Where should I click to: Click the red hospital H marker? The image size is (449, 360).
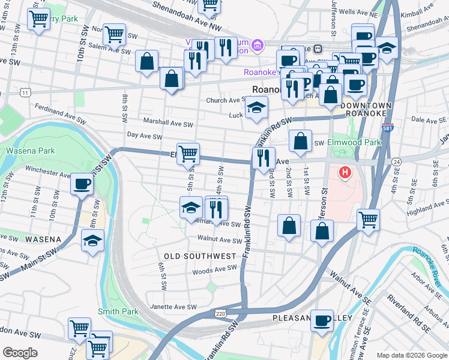pos(345,173)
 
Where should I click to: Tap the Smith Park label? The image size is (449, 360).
pos(118,311)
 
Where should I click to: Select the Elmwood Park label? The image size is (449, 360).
pos(354,143)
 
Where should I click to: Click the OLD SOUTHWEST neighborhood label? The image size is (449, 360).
pos(200,256)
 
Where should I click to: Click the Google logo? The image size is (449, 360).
pos(20,352)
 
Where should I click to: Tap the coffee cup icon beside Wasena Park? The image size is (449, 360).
pos(82,183)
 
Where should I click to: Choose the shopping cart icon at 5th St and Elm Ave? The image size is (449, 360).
pos(188,153)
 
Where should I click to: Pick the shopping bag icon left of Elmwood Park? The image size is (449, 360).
pos(301,141)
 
